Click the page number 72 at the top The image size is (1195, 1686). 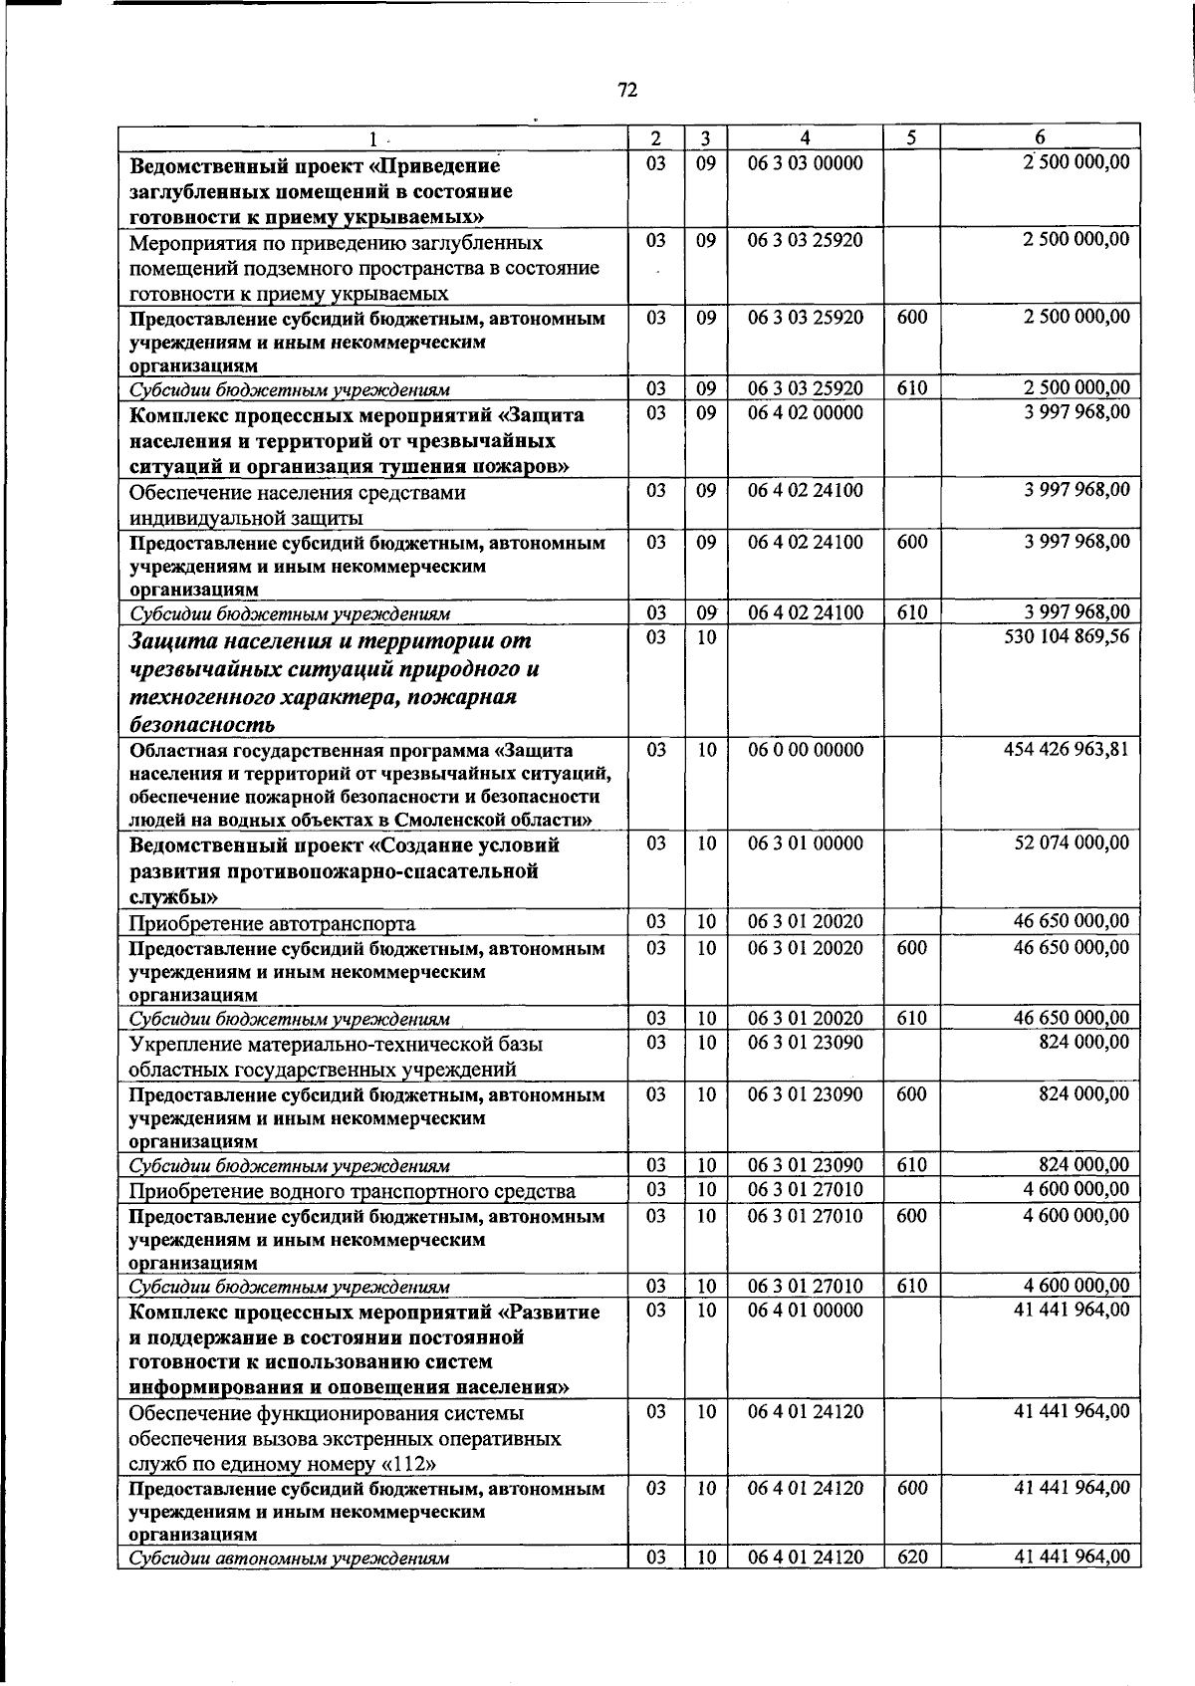[627, 91]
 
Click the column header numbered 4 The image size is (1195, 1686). [805, 137]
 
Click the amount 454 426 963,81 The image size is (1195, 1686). [1066, 748]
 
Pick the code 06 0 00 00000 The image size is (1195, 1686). [805, 749]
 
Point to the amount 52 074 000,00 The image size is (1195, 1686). [1072, 843]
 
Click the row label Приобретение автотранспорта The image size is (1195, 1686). [272, 923]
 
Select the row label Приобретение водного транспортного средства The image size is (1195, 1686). [352, 1191]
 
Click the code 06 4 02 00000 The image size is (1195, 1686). [805, 412]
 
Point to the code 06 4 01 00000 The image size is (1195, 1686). [805, 1310]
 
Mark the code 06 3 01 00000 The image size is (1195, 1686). [805, 843]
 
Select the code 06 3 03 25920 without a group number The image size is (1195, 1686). [805, 239]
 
